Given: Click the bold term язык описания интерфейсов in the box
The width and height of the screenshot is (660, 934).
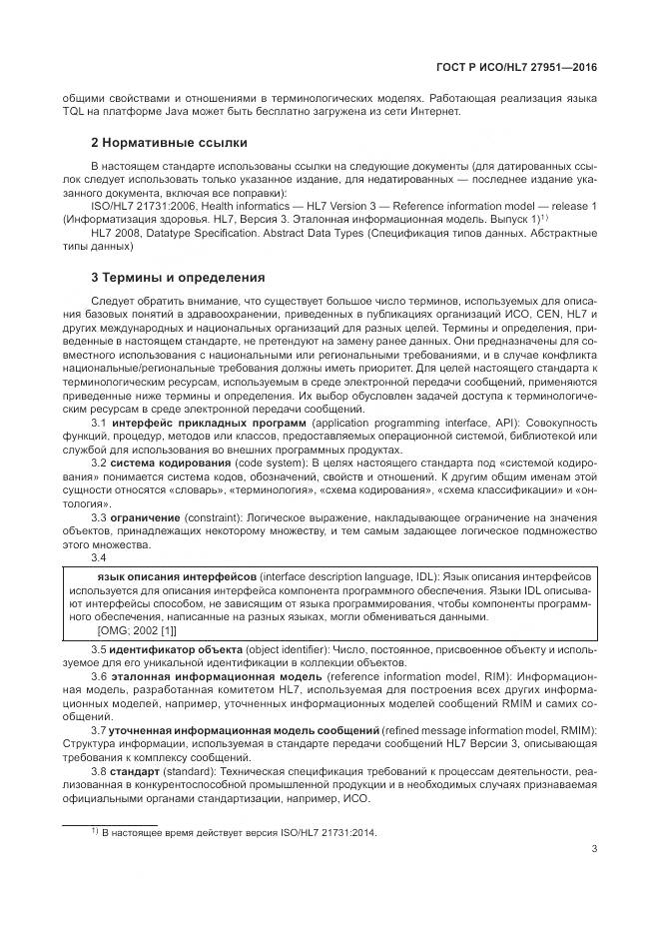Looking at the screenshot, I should (176, 578).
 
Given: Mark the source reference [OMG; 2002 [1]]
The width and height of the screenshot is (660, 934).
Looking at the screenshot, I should (136, 630).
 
